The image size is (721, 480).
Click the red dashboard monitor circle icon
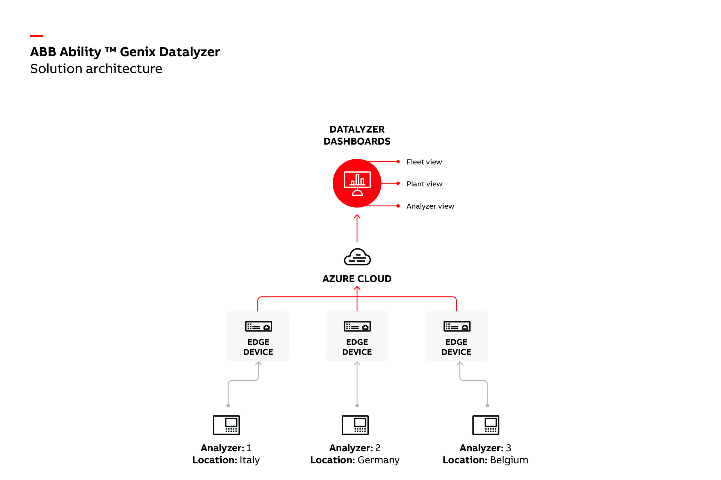tap(357, 183)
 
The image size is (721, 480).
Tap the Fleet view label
tap(424, 162)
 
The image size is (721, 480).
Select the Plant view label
tap(424, 184)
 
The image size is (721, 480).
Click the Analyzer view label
tap(430, 206)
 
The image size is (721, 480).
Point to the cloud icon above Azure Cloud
tap(357, 257)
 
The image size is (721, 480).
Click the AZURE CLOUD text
tap(357, 279)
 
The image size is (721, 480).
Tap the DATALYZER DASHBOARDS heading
tap(357, 135)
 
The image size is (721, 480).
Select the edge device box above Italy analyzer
tap(258, 336)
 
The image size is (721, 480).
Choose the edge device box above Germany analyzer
tap(357, 336)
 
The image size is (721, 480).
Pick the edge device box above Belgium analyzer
tap(456, 336)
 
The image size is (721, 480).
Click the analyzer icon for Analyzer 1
tap(226, 425)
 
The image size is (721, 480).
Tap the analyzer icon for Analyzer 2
tap(355, 425)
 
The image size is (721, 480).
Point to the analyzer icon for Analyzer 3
tap(486, 425)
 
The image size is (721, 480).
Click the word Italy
tap(250, 460)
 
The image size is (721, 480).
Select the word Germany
tap(378, 460)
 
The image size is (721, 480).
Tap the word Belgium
tap(509, 460)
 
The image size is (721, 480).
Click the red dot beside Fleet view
tap(398, 162)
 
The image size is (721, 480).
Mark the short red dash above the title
tap(37, 36)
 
